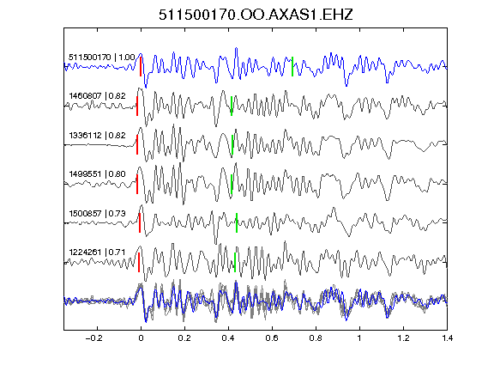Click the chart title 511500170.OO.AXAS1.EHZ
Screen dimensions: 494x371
coord(256,15)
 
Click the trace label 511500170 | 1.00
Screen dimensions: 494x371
coord(102,58)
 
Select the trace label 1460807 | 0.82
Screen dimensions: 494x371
coord(97,96)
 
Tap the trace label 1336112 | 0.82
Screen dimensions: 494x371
coord(97,136)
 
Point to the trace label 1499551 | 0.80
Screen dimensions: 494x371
coord(97,174)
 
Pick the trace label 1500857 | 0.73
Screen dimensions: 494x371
coord(97,214)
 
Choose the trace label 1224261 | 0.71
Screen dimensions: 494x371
coord(97,252)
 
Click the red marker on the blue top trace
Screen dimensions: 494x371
coord(141,66)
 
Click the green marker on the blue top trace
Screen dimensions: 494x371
coord(292,66)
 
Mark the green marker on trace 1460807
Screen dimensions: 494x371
coord(232,106)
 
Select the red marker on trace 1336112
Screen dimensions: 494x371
coord(137,145)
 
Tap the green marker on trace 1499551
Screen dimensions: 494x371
coord(232,184)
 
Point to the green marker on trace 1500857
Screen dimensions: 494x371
coord(237,222)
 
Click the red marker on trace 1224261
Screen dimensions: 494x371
coord(139,262)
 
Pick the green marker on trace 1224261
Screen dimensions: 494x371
coord(235,262)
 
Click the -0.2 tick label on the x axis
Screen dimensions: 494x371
coord(93,338)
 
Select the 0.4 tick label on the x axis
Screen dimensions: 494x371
coord(228,338)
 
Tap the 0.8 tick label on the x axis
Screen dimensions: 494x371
coord(316,338)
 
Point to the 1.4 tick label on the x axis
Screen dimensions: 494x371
coord(447,338)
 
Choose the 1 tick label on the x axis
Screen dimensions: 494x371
coord(359,338)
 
